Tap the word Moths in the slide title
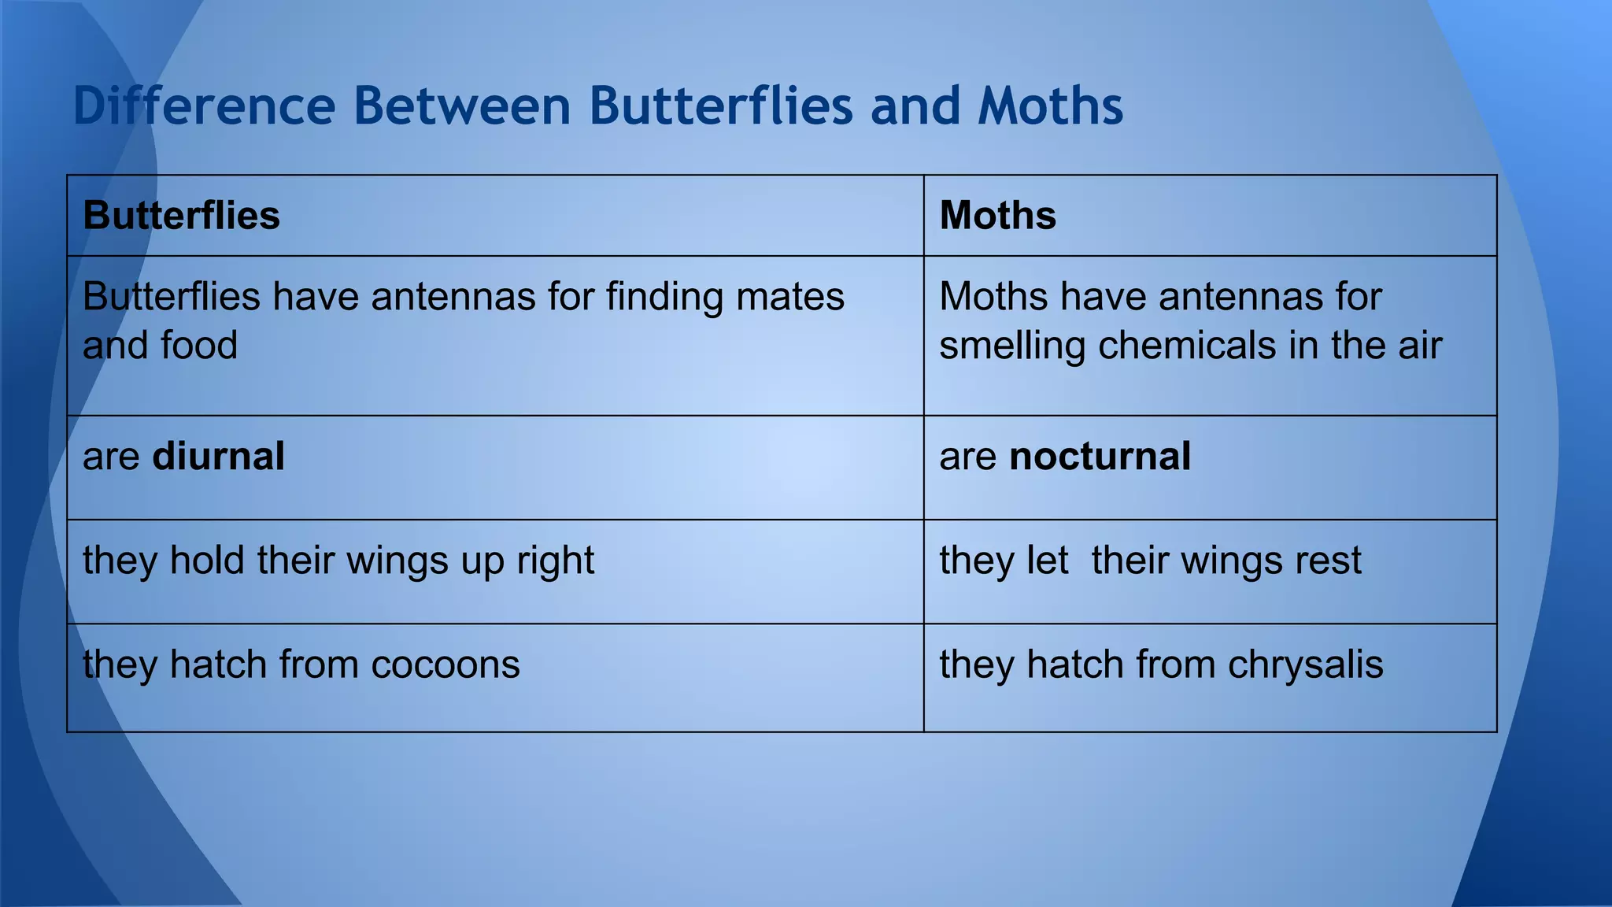1050,106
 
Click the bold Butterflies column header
181,215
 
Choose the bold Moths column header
997,215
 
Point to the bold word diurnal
218,457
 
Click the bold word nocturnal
1100,457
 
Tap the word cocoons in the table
446,665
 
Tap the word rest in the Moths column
1328,561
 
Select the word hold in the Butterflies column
207,561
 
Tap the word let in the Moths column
1048,561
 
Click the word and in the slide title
915,106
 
